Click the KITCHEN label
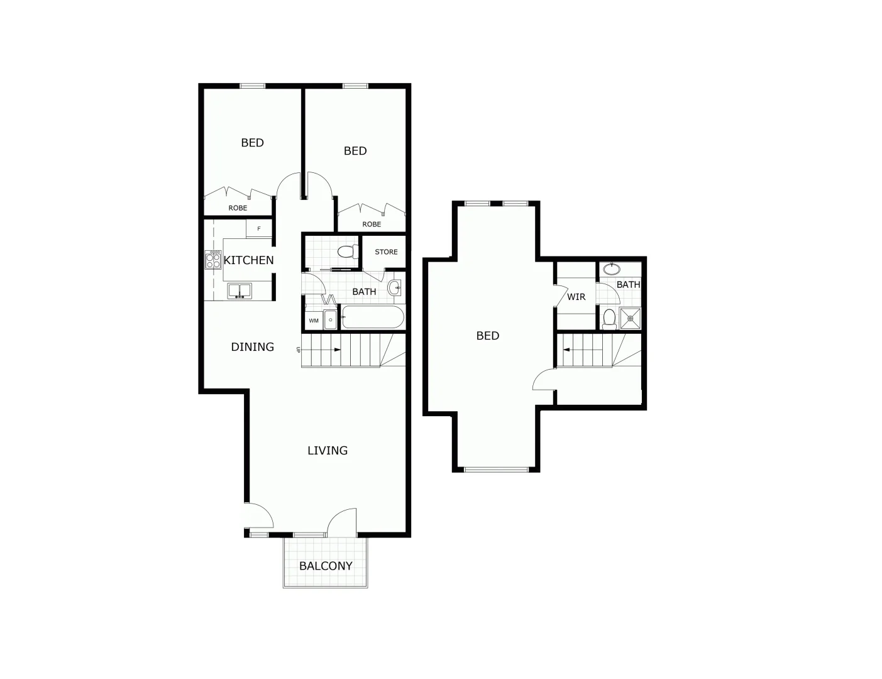[x=248, y=260]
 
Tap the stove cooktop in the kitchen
[x=213, y=260]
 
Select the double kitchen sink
[x=239, y=290]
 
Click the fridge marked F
[x=258, y=229]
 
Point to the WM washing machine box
[x=313, y=320]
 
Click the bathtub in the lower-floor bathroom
[x=372, y=317]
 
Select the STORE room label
[x=386, y=252]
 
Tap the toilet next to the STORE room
[x=347, y=252]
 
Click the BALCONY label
[x=326, y=566]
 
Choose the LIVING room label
[x=328, y=450]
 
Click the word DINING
[x=252, y=346]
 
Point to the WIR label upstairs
[x=576, y=297]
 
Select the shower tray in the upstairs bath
[x=630, y=318]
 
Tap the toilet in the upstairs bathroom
[x=609, y=319]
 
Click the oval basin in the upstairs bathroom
[x=611, y=269]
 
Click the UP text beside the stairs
[x=298, y=350]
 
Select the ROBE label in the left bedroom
[x=238, y=208]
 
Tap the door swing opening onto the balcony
[x=341, y=521]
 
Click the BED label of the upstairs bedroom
[x=488, y=336]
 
